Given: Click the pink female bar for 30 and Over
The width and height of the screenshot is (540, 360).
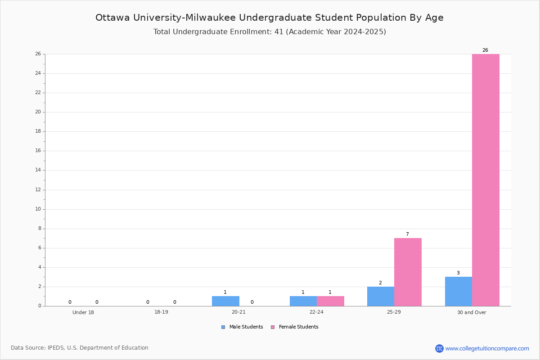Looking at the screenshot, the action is point(486,180).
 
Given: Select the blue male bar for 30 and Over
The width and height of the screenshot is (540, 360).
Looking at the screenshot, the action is point(459,292).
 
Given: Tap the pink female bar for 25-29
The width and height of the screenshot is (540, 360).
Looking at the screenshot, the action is point(408,272).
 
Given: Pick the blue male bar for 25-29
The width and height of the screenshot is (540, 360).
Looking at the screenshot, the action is point(381,297).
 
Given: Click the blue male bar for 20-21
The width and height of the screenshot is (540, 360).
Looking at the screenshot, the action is point(225,301).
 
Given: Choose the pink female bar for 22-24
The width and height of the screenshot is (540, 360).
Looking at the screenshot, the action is point(330,301).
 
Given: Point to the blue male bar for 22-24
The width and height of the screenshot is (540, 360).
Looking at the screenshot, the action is point(303,301).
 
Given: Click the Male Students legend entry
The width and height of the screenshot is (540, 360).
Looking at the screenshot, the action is point(242,327).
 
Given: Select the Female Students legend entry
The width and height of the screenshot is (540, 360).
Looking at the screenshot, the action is point(295,327).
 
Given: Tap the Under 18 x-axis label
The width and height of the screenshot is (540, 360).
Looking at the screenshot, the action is point(83,312).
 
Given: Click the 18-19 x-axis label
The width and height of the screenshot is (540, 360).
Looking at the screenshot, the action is point(161,312).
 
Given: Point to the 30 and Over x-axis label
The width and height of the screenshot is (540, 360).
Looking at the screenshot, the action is point(472,312).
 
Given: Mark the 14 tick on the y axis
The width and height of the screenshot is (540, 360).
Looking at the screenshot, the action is point(38,170).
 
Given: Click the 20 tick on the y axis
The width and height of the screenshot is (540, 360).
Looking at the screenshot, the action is point(38,112).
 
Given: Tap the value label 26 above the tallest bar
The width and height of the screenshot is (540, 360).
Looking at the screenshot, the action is point(485,50).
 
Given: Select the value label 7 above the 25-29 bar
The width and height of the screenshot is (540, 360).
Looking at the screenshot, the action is point(407,234).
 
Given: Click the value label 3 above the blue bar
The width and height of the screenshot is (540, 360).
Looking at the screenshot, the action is point(458,273).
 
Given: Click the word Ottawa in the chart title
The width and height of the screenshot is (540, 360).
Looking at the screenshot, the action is point(112,18).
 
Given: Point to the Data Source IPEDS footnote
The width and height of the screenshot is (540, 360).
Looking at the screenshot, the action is point(80,348).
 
